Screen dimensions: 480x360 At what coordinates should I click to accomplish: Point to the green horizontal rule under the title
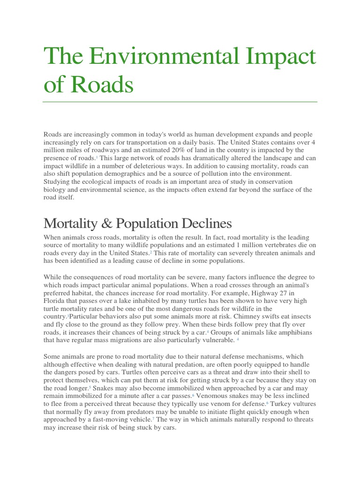pos(180,102)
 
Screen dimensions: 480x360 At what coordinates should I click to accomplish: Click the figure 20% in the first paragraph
pos(172,150)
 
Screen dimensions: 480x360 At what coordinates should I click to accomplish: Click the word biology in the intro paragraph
pos(56,190)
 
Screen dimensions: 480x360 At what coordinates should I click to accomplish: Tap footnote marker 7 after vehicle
pos(153,419)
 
